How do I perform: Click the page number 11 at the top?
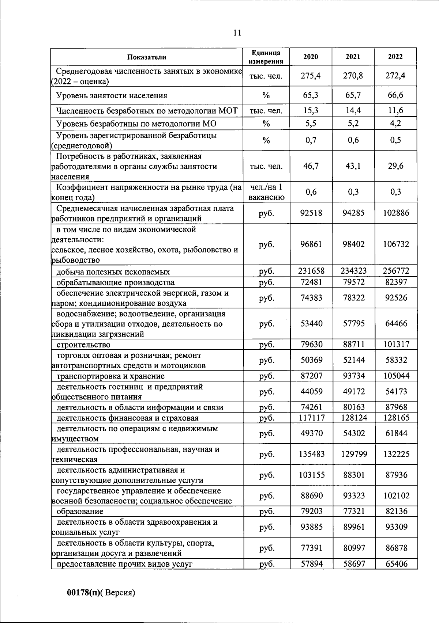[237, 33]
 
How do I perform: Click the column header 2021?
[353, 57]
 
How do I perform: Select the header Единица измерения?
[266, 57]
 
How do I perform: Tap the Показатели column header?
[147, 57]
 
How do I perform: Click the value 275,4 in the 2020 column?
[311, 76]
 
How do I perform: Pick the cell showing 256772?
[396, 271]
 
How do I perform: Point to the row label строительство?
[83, 345]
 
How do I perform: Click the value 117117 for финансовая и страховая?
[311, 418]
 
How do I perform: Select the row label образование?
[80, 511]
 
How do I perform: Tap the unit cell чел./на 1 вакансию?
[266, 192]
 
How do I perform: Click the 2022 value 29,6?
[396, 166]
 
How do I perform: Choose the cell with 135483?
[311, 454]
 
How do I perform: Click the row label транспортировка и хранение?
[110, 376]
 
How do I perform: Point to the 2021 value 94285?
[353, 213]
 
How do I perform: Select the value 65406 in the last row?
[396, 564]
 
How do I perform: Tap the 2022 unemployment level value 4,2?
[396, 123]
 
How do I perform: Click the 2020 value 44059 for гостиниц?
[311, 392]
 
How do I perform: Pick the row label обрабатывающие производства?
[115, 282]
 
